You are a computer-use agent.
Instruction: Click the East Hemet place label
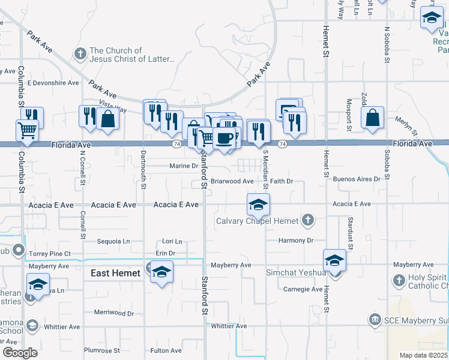[115, 273]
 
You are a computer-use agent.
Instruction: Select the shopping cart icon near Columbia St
[27, 130]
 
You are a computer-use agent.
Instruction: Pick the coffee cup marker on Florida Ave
[224, 139]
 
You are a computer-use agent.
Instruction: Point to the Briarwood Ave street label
[232, 181]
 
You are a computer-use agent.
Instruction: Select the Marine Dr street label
[184, 166]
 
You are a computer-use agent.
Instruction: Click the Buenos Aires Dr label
[357, 179]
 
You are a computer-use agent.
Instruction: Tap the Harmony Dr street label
[296, 241]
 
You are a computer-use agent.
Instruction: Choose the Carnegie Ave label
[303, 289]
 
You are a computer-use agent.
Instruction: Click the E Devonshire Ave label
[53, 83]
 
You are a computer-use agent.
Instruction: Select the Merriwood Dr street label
[116, 313]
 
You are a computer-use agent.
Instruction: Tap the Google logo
[20, 353]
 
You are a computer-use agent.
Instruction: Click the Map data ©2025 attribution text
[423, 355]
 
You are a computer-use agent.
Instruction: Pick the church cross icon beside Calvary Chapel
[308, 220]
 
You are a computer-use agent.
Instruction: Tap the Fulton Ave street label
[166, 350]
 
